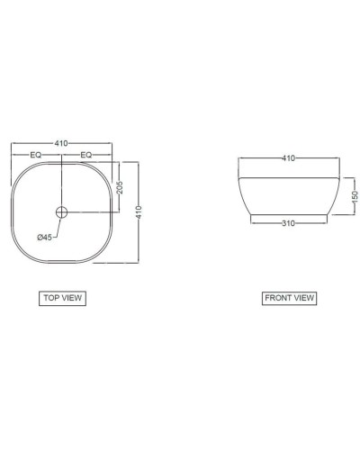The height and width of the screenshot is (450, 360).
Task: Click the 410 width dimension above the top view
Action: [61, 143]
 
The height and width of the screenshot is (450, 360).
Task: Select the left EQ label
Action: [36, 155]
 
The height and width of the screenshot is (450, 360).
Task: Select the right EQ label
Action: [86, 155]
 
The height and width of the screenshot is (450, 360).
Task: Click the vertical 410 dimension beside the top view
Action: [139, 212]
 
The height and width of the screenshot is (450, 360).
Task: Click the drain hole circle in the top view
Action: [61, 213]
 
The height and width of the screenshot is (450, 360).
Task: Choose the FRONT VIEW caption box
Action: [290, 297]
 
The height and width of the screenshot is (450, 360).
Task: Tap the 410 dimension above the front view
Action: [289, 158]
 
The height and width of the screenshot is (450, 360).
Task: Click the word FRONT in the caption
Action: [276, 297]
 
